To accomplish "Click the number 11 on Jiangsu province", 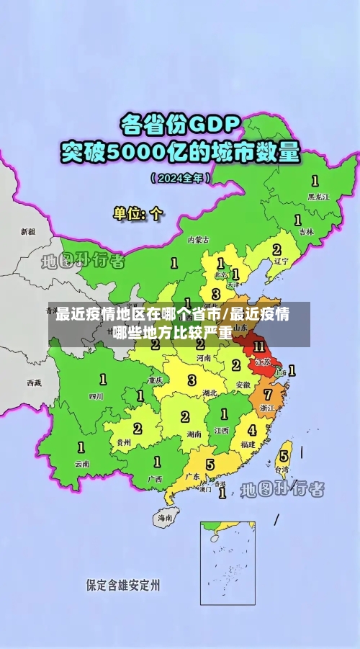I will coord(259,347).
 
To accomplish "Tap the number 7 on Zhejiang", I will coord(268,395).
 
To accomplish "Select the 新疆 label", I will coord(27,232).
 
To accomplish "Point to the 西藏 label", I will coord(34,382).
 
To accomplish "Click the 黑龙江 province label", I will coord(318,196).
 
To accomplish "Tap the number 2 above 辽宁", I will coord(276,249).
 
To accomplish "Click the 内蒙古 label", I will coord(198,239).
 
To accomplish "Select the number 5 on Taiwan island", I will coord(284,456).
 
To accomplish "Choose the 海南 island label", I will coord(165,517).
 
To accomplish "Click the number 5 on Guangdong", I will coord(210,465).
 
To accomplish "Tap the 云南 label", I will coord(82,464).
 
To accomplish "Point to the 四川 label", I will coord(96,395).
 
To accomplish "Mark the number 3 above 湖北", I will coord(192,380).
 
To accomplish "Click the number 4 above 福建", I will coord(251,430).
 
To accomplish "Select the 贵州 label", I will coord(124,442).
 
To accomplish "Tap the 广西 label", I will coord(154,478).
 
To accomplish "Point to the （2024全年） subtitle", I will coord(180,176).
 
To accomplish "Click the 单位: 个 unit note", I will coord(138,213).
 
